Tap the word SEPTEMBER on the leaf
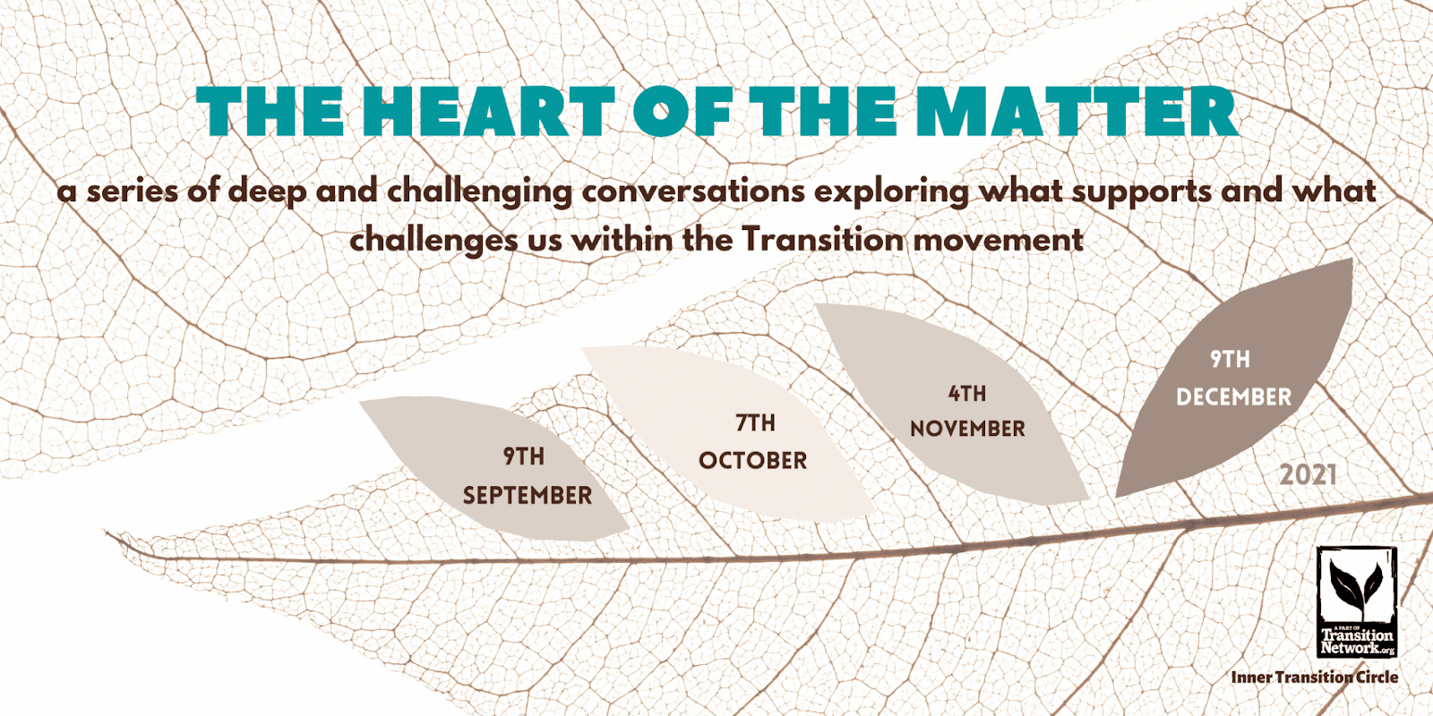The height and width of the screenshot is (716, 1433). tap(528, 495)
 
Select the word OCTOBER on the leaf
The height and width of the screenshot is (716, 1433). tap(752, 460)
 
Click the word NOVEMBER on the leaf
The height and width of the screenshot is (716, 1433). tap(967, 429)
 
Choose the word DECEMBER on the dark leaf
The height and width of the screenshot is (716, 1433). tap(1233, 396)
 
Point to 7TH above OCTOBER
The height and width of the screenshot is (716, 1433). tap(755, 422)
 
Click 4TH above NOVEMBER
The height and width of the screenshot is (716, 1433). tap(967, 393)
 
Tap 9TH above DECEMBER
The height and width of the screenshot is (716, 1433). tap(1230, 359)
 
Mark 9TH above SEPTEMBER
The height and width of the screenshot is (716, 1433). tap(524, 456)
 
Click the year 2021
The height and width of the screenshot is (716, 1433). tap(1308, 474)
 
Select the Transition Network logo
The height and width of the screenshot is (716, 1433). tap(1357, 601)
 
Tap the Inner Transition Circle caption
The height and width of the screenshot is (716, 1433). tap(1314, 678)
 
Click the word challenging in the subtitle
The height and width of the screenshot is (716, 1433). tap(479, 192)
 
